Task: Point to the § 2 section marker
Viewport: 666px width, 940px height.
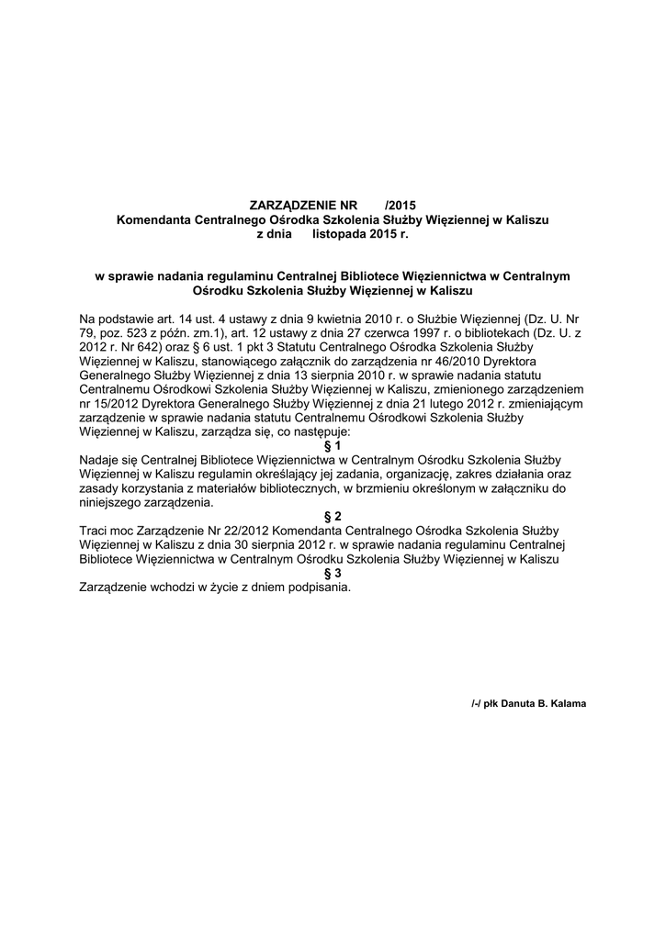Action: (x=333, y=516)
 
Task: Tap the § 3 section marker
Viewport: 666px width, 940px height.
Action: (x=333, y=573)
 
